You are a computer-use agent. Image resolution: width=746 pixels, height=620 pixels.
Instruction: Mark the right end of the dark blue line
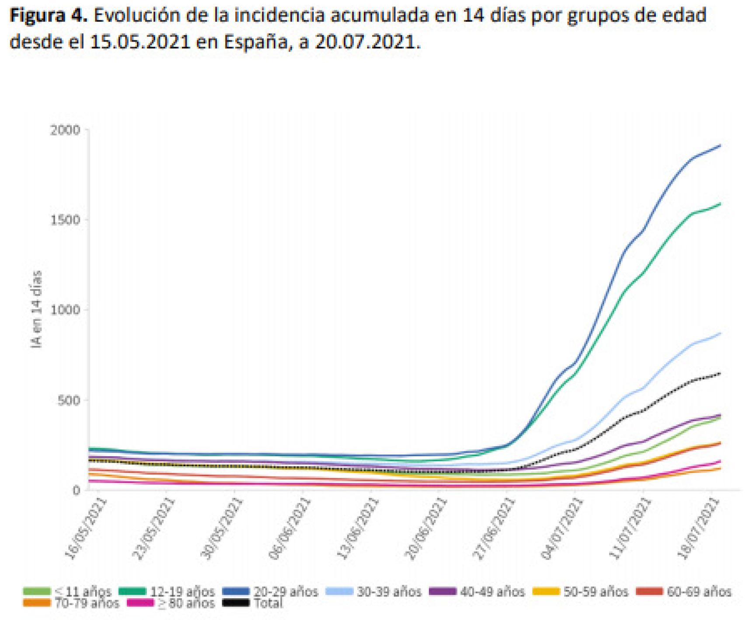[x=720, y=145]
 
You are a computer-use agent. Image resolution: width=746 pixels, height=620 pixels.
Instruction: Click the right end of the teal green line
[x=720, y=204]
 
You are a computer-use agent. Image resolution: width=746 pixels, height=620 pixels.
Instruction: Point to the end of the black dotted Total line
[x=720, y=373]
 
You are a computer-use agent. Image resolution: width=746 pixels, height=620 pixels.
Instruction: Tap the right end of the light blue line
[x=720, y=334]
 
